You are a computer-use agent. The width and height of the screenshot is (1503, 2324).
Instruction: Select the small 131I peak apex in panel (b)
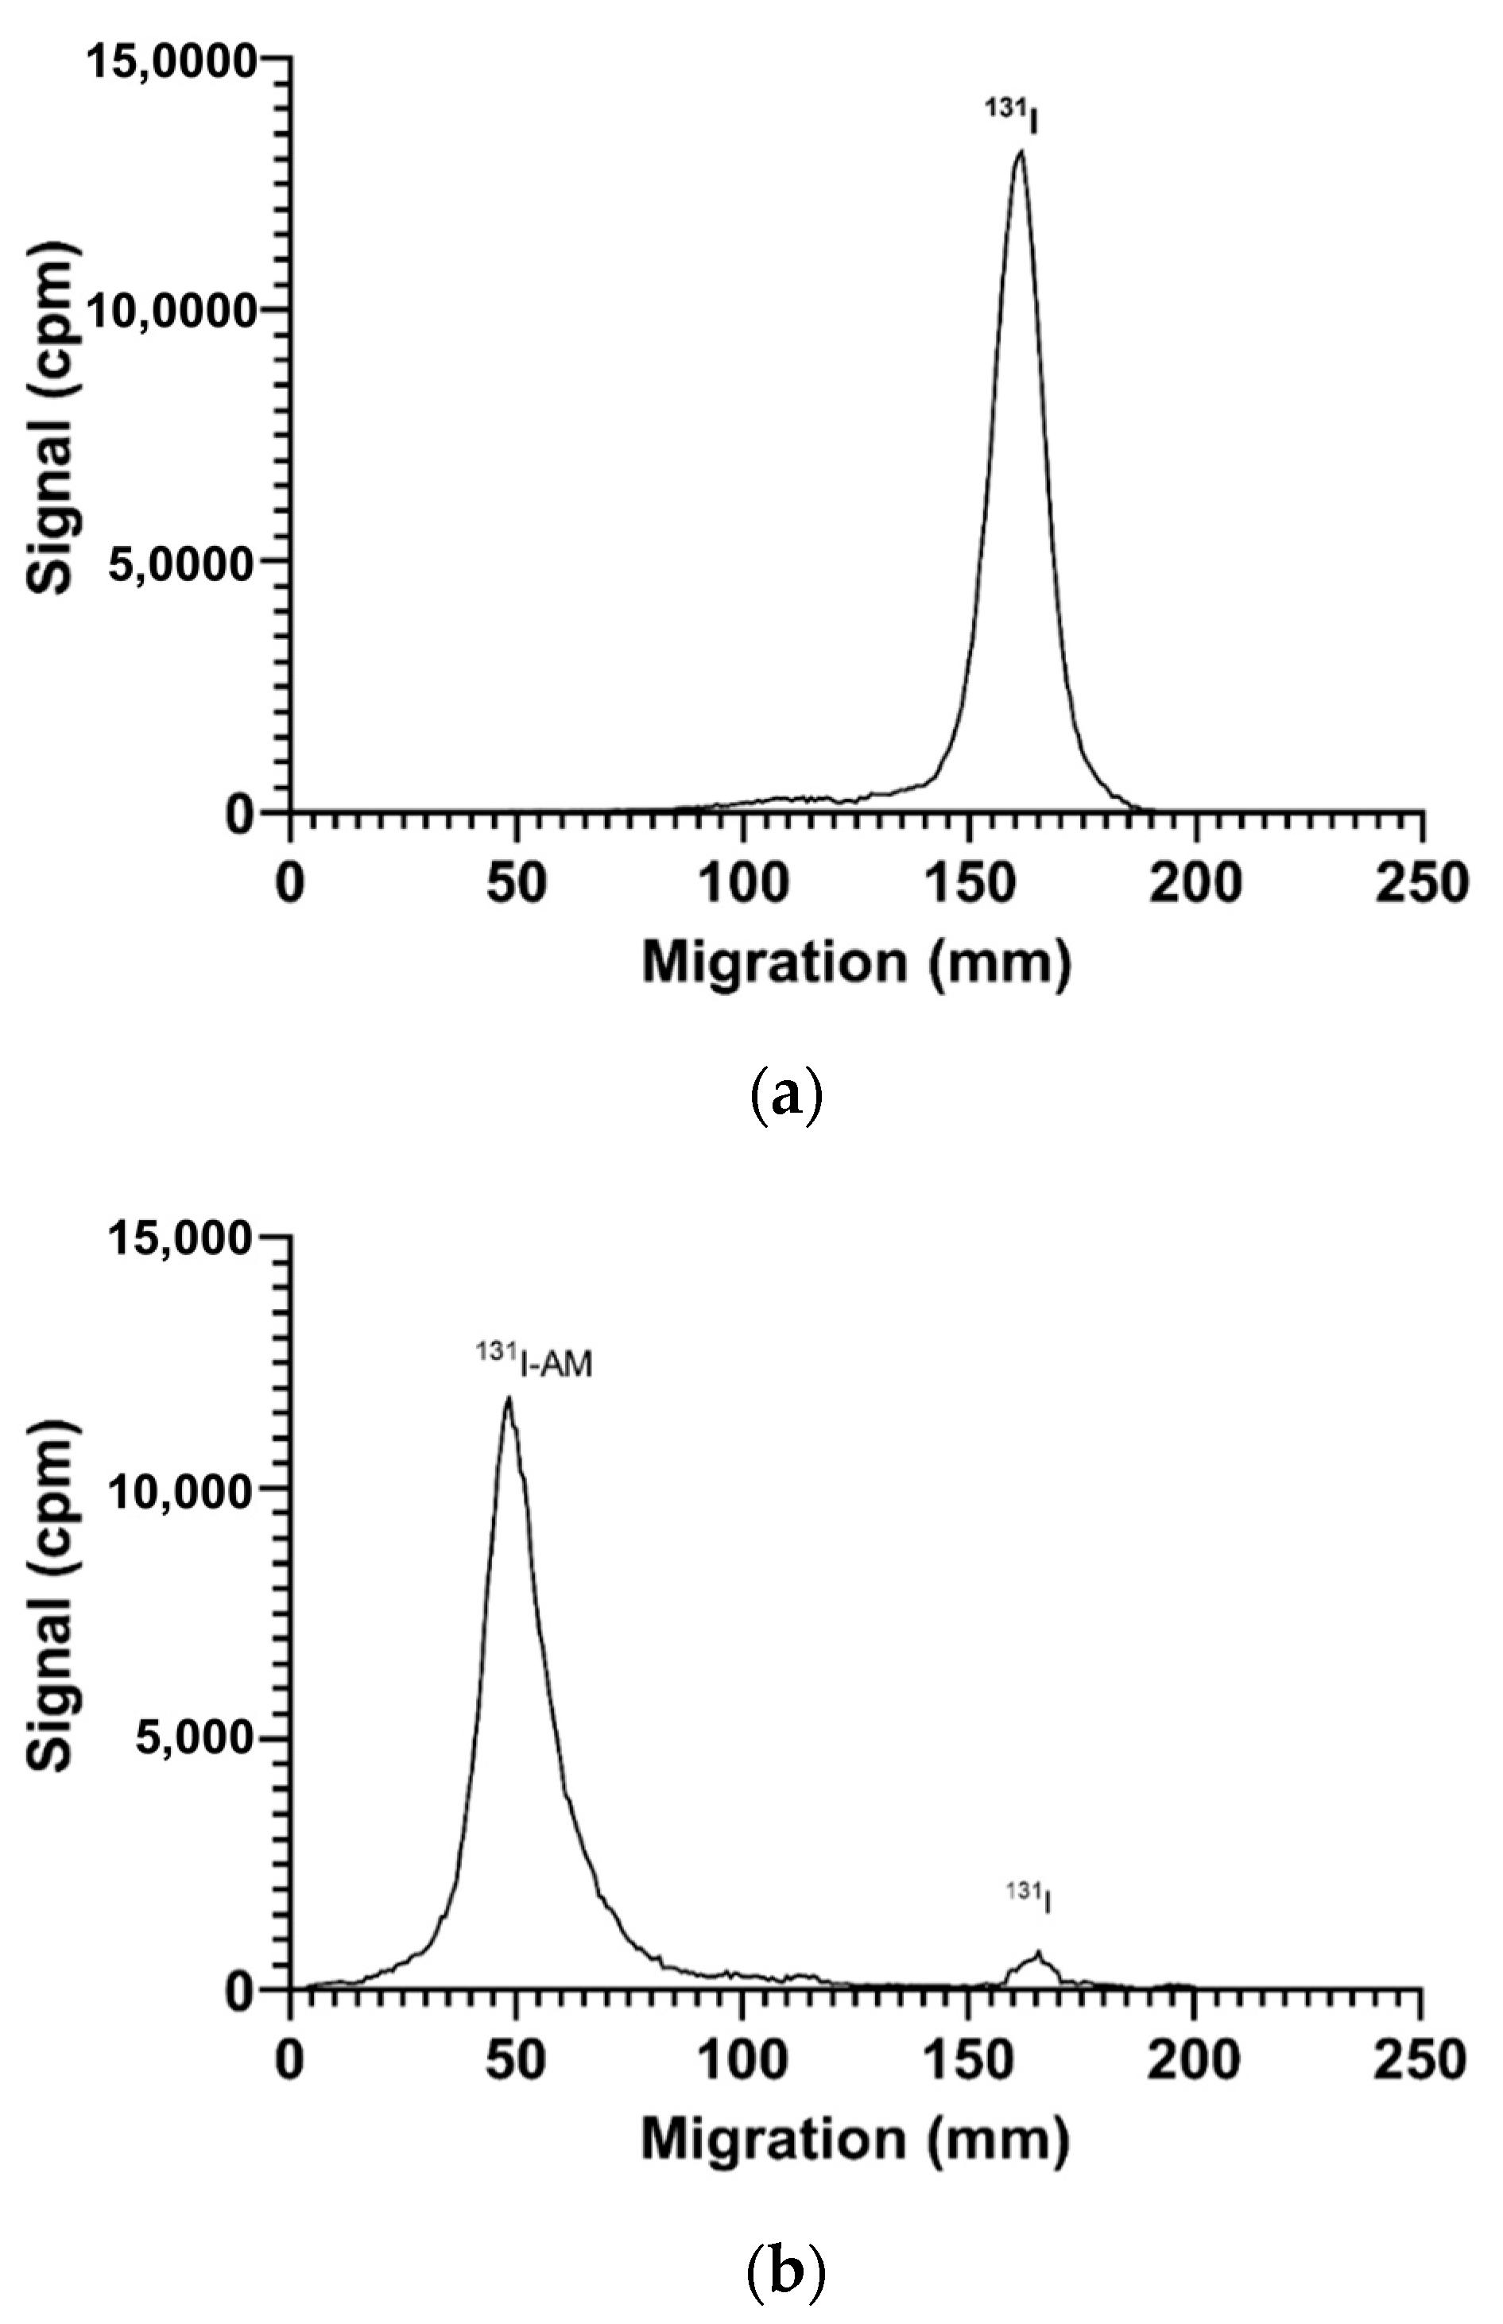coord(1040,1952)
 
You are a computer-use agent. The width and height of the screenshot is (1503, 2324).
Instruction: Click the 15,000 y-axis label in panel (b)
coord(180,1239)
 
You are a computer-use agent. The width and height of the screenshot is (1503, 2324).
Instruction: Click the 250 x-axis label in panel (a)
coord(1421,884)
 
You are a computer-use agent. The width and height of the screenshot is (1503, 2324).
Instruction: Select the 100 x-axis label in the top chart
coord(742,884)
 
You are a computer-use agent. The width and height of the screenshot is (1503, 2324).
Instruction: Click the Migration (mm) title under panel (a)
coord(856,963)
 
